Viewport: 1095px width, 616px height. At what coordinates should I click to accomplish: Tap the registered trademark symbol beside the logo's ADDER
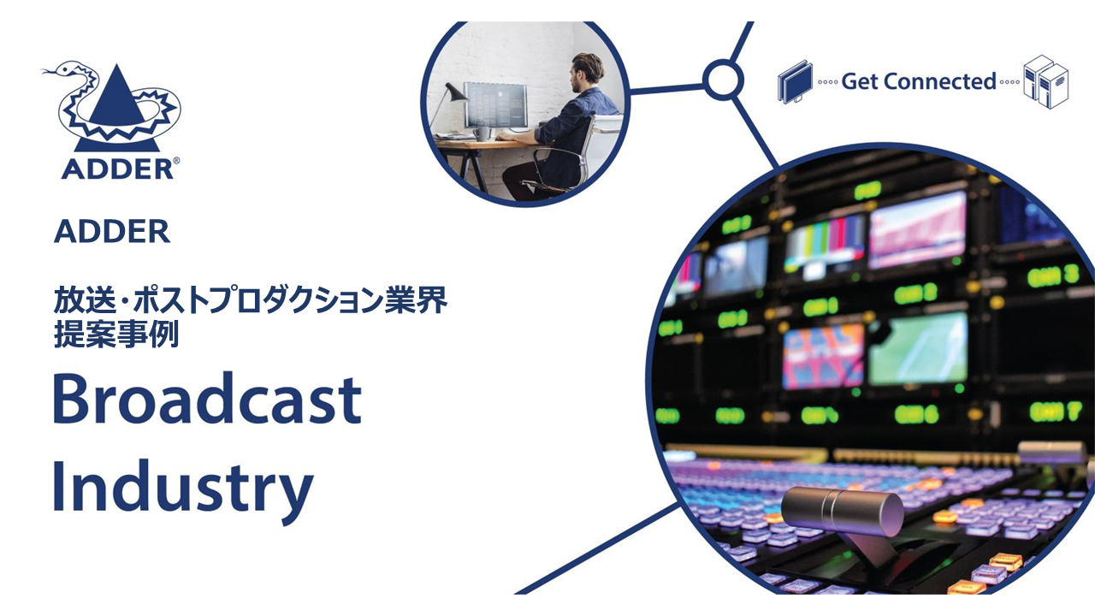(176, 160)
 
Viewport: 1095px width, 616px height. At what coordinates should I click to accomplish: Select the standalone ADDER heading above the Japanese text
(112, 232)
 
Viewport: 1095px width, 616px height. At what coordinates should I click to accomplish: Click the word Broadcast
(207, 399)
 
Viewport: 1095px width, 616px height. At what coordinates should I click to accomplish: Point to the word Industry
(182, 487)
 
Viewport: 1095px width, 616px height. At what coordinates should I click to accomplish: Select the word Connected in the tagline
(940, 81)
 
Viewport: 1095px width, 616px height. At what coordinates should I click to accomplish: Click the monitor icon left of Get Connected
(795, 81)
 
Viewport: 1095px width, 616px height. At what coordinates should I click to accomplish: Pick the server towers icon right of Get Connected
(1046, 81)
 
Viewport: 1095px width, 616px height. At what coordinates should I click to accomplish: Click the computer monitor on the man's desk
(494, 104)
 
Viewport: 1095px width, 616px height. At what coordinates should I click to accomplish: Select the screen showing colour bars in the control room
(825, 243)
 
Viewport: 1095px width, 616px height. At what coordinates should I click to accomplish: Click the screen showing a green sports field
(918, 348)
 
